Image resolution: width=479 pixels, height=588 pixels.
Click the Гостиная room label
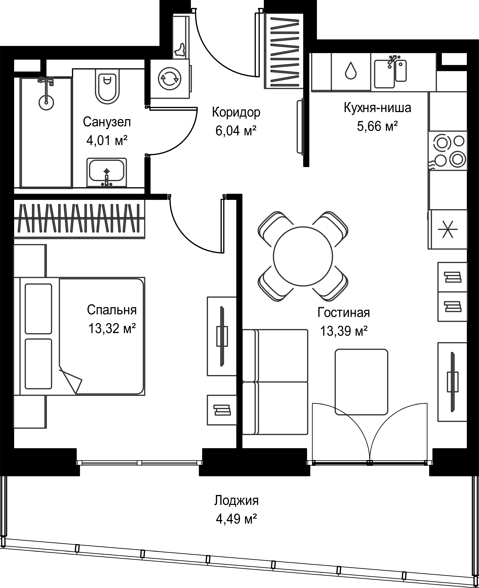coord(344,313)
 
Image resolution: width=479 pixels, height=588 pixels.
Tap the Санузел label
coord(107,122)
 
